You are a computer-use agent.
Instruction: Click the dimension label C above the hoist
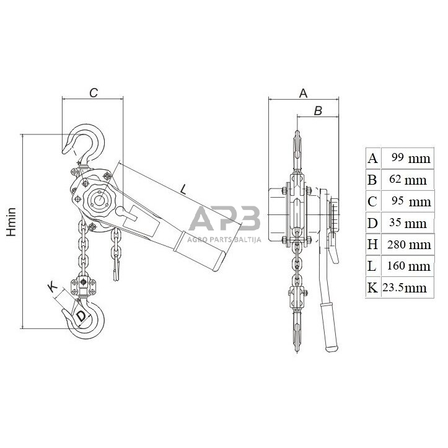pyautogui.click(x=94, y=92)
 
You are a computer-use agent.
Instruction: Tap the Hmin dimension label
pyautogui.click(x=11, y=222)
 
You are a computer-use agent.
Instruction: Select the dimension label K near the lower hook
pyautogui.click(x=53, y=287)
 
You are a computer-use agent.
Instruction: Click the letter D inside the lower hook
pyautogui.click(x=81, y=316)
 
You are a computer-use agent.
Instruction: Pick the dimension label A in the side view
pyautogui.click(x=303, y=93)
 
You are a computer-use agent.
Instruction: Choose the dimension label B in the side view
pyautogui.click(x=318, y=110)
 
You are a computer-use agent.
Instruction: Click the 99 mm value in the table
pyautogui.click(x=411, y=158)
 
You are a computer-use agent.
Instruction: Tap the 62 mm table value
pyautogui.click(x=408, y=180)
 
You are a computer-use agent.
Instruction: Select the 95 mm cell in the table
pyautogui.click(x=411, y=201)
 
